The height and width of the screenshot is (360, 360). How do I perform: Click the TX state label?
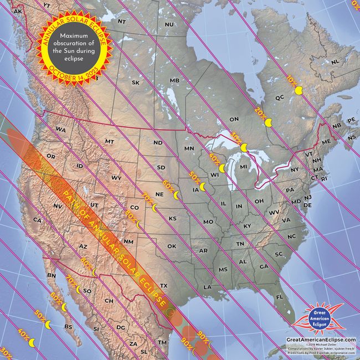click(x=163, y=270)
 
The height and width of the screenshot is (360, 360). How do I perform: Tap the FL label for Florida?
click(x=280, y=297)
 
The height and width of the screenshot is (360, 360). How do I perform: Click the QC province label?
click(x=280, y=97)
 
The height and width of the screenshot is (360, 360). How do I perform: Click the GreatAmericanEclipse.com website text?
click(x=321, y=338)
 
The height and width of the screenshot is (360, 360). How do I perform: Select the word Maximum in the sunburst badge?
click(x=74, y=36)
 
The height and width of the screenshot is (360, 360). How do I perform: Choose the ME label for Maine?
click(x=326, y=142)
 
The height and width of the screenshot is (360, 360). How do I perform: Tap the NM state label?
click(x=128, y=241)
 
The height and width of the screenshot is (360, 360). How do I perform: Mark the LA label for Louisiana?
click(x=208, y=287)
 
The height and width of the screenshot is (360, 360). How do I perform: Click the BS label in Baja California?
click(x=69, y=327)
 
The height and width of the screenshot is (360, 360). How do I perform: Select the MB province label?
click(x=174, y=81)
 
